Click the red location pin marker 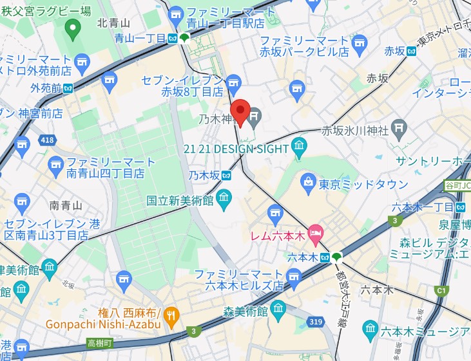coord(240,112)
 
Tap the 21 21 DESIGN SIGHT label coord(236,149)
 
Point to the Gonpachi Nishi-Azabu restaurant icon coord(171,315)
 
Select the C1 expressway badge coord(441,290)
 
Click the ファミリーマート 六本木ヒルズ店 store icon coord(294,278)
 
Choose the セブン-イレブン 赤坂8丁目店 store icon coord(233,80)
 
